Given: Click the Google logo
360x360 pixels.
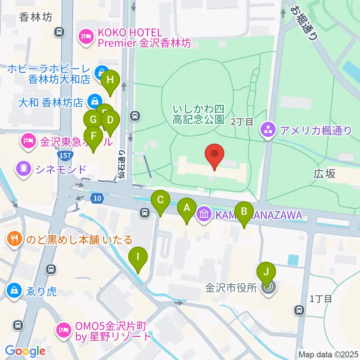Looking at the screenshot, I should tap(25, 351).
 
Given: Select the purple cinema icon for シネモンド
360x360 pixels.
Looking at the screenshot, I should tap(24, 169).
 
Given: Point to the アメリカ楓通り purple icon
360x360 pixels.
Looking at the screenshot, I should tap(268, 130).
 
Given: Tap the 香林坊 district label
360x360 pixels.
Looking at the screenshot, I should tap(36, 17).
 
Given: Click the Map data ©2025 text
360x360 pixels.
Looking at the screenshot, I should tap(328, 354).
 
